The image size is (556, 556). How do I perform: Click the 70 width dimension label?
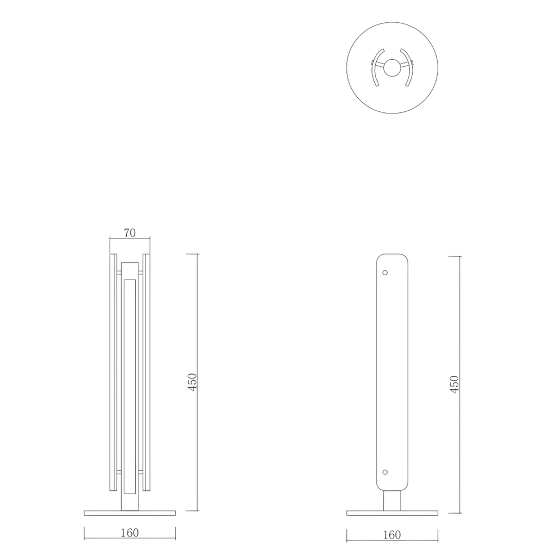click(x=129, y=233)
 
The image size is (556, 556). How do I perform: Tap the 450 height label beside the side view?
click(x=455, y=384)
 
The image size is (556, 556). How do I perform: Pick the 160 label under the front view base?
click(x=129, y=533)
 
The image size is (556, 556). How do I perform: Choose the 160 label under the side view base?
click(x=391, y=535)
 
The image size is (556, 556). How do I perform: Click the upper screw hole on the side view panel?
click(x=385, y=272)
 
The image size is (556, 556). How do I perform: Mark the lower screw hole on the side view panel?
click(x=385, y=472)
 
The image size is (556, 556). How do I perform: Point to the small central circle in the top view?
click(x=391, y=68)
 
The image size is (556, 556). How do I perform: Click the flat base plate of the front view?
click(x=130, y=513)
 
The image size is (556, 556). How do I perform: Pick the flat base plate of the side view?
click(x=392, y=513)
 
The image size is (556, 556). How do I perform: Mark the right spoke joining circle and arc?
click(x=403, y=65)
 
